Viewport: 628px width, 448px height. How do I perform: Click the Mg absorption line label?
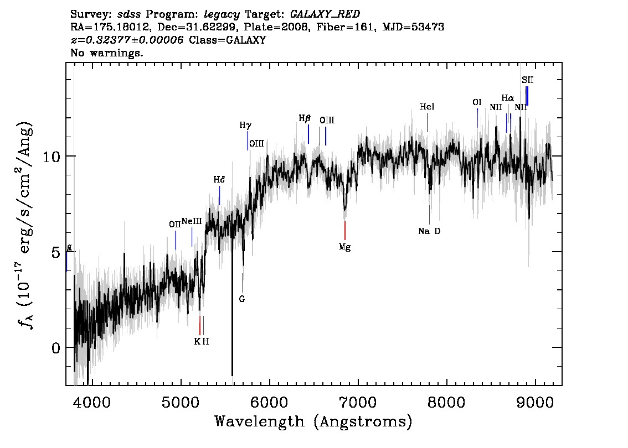pyautogui.click(x=344, y=247)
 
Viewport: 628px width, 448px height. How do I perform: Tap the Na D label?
pyautogui.click(x=429, y=231)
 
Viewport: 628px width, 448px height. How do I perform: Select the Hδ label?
pyautogui.click(x=219, y=180)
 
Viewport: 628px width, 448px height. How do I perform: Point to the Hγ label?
pyautogui.click(x=245, y=126)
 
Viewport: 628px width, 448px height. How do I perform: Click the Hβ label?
pyautogui.click(x=305, y=118)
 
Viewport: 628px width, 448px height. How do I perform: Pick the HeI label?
pyautogui.click(x=427, y=107)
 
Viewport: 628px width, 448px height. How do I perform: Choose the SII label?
pyautogui.click(x=527, y=80)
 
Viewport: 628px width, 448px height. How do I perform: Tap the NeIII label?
pyautogui.click(x=192, y=221)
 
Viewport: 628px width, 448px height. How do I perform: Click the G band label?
pyautogui.click(x=242, y=299)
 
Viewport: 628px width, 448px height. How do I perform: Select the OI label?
pyautogui.click(x=477, y=102)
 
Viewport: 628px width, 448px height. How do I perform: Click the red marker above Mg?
pyautogui.click(x=345, y=230)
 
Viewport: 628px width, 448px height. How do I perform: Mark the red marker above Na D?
pyautogui.click(x=429, y=215)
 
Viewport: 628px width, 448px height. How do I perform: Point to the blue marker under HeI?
pyautogui.click(x=427, y=122)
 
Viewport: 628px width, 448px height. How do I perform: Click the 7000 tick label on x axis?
pyautogui.click(x=358, y=402)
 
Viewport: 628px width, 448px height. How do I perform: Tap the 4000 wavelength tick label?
pyautogui.click(x=92, y=402)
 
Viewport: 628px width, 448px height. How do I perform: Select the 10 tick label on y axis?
pyautogui.click(x=52, y=156)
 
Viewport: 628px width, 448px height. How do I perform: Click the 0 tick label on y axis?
pyautogui.click(x=56, y=348)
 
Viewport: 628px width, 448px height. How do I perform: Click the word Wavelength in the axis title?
pyautogui.click(x=260, y=421)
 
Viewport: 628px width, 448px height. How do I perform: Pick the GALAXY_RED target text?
pyautogui.click(x=325, y=14)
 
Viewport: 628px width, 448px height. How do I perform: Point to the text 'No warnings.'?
pyautogui.click(x=106, y=53)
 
